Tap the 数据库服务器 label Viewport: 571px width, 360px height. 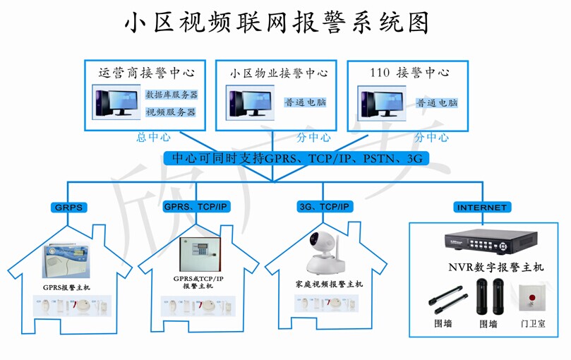[171, 95]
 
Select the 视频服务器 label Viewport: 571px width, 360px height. [171, 112]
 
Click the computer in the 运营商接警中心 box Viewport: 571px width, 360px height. [116, 102]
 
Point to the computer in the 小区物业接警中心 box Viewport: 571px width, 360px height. [249, 102]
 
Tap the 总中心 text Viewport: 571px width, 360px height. [153, 138]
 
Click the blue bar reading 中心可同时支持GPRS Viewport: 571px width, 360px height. [296, 158]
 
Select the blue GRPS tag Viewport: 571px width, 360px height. [68, 208]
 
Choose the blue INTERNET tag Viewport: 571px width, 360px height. [482, 208]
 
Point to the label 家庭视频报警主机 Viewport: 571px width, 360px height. [329, 284]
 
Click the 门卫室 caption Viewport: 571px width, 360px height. [532, 323]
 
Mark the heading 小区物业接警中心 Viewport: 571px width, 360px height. [279, 73]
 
